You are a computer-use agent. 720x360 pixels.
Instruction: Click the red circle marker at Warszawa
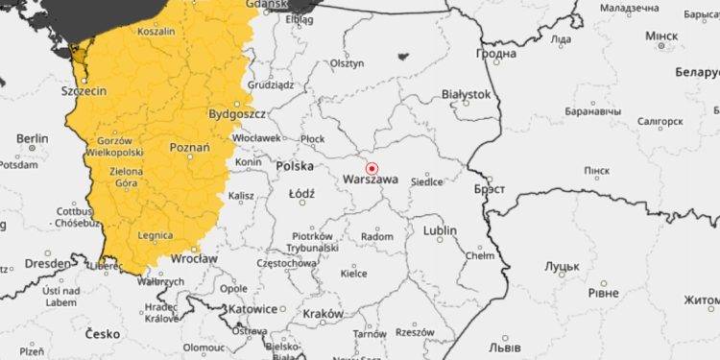[372, 168]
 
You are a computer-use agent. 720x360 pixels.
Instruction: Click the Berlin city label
[32, 138]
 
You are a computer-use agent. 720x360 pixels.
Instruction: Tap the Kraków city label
[323, 314]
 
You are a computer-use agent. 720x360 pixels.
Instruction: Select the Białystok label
[467, 94]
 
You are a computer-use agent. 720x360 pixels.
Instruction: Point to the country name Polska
[294, 166]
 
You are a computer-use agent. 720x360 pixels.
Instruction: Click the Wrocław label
[195, 259]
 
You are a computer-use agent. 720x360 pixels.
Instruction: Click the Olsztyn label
[348, 63]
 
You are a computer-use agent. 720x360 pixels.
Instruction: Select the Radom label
[377, 236]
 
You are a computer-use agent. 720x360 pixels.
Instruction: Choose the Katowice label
[254, 309]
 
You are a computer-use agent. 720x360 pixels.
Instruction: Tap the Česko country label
[102, 334]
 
